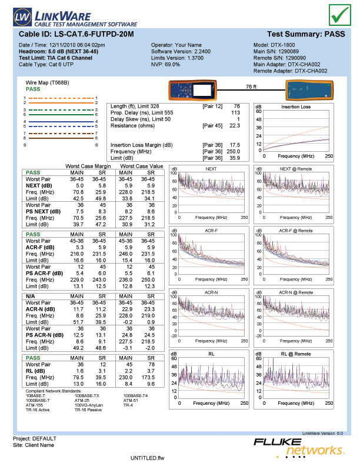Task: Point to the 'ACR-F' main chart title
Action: coord(211,230)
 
